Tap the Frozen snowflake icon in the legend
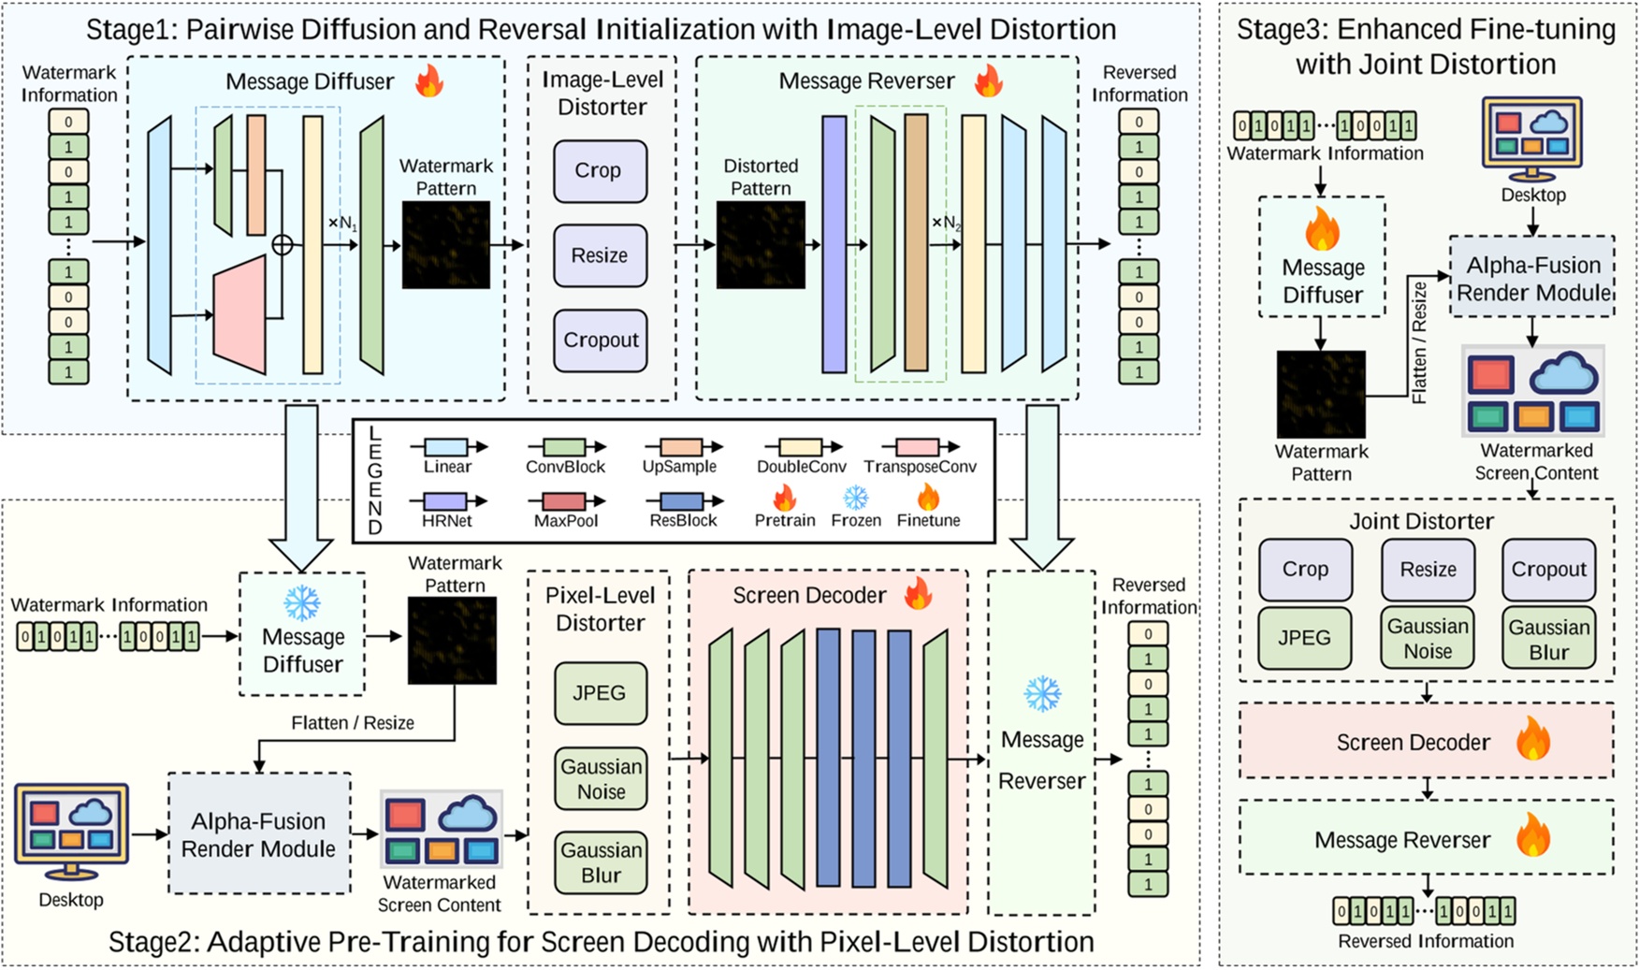pos(855,499)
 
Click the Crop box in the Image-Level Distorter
pos(600,171)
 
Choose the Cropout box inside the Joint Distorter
pos(1548,570)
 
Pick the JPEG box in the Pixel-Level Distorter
pos(600,693)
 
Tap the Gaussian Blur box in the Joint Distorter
pos(1548,639)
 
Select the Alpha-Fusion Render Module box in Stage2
pos(259,834)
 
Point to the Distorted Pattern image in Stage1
pos(761,245)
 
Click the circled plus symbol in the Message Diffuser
pos(282,245)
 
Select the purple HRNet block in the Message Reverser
pos(834,245)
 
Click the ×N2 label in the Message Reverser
pos(946,224)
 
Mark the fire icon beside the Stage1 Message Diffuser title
pos(429,81)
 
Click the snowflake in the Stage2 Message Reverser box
pos(1041,695)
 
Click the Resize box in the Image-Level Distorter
pos(600,255)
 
